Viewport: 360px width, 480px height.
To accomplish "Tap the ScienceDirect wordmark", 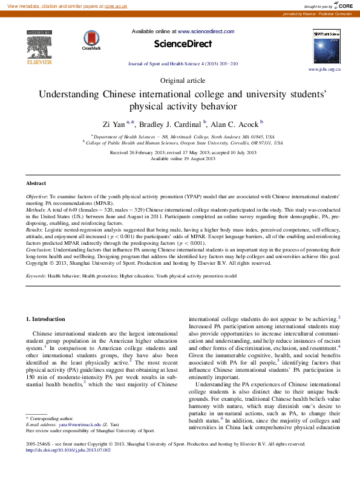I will pyautogui.click(x=183, y=44).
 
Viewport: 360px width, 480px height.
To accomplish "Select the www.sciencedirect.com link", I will pyautogui.click(x=202, y=30).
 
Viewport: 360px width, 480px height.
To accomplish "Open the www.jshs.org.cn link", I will pyautogui.click(x=325, y=70).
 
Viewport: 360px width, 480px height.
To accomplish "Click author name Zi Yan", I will pyautogui.click(x=114, y=125).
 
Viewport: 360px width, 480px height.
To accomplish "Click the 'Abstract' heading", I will pyautogui.click(x=36, y=183).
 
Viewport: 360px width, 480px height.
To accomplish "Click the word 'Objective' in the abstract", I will pyautogui.click(x=37, y=198).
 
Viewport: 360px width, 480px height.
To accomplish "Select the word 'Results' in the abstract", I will pyautogui.click(x=35, y=230).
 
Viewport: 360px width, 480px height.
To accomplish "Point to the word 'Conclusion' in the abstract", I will pyautogui.click(x=39, y=249).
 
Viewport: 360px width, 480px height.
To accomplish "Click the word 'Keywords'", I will pyautogui.click(x=36, y=276).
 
